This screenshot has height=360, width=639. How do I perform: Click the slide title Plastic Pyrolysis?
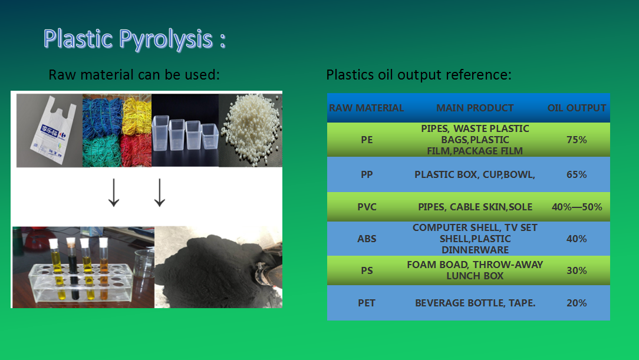(x=134, y=39)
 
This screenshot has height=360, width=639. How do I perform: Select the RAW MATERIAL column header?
(x=367, y=108)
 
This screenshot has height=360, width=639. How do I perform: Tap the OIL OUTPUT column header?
(x=577, y=108)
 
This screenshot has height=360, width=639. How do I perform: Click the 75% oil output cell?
(x=577, y=140)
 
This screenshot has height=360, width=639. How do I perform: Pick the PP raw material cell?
(x=367, y=174)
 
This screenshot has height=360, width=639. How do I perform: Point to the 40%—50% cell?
(x=577, y=207)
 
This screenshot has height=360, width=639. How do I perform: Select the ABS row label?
(x=367, y=239)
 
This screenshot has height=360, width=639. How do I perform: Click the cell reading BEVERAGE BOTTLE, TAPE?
(x=475, y=303)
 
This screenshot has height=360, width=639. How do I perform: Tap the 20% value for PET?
(x=577, y=303)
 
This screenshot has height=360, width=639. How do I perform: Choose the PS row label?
(x=367, y=270)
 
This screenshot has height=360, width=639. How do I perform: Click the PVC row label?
(x=367, y=207)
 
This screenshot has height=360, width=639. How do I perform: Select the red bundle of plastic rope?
(x=136, y=150)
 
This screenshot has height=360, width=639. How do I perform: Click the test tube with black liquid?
(x=73, y=269)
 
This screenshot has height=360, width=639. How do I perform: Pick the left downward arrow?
(x=114, y=192)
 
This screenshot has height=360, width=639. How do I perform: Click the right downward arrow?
(x=160, y=192)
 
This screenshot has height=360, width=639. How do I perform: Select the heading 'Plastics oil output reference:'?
(x=419, y=75)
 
